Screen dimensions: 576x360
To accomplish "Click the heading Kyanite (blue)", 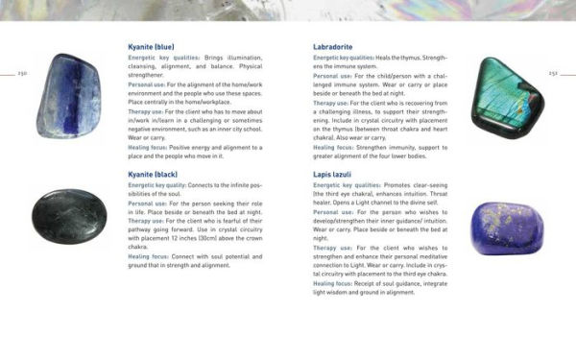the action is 152,46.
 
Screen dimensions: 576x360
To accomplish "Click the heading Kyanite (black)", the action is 154,174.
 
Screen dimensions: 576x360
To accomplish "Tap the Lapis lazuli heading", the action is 335,174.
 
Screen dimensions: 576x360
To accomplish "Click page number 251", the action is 553,73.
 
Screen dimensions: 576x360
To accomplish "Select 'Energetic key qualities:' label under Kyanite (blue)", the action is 163,59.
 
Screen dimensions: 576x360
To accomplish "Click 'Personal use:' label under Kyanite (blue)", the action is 149,84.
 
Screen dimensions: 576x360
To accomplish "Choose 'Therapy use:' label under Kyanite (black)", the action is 148,221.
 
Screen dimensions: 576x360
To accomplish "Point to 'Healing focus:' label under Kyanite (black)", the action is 150,256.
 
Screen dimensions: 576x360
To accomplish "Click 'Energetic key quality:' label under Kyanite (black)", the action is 162,185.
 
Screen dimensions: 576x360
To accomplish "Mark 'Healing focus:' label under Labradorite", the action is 335,146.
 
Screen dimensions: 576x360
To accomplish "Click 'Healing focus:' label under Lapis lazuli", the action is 335,283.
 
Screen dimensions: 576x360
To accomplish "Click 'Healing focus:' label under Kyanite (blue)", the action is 150,145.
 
